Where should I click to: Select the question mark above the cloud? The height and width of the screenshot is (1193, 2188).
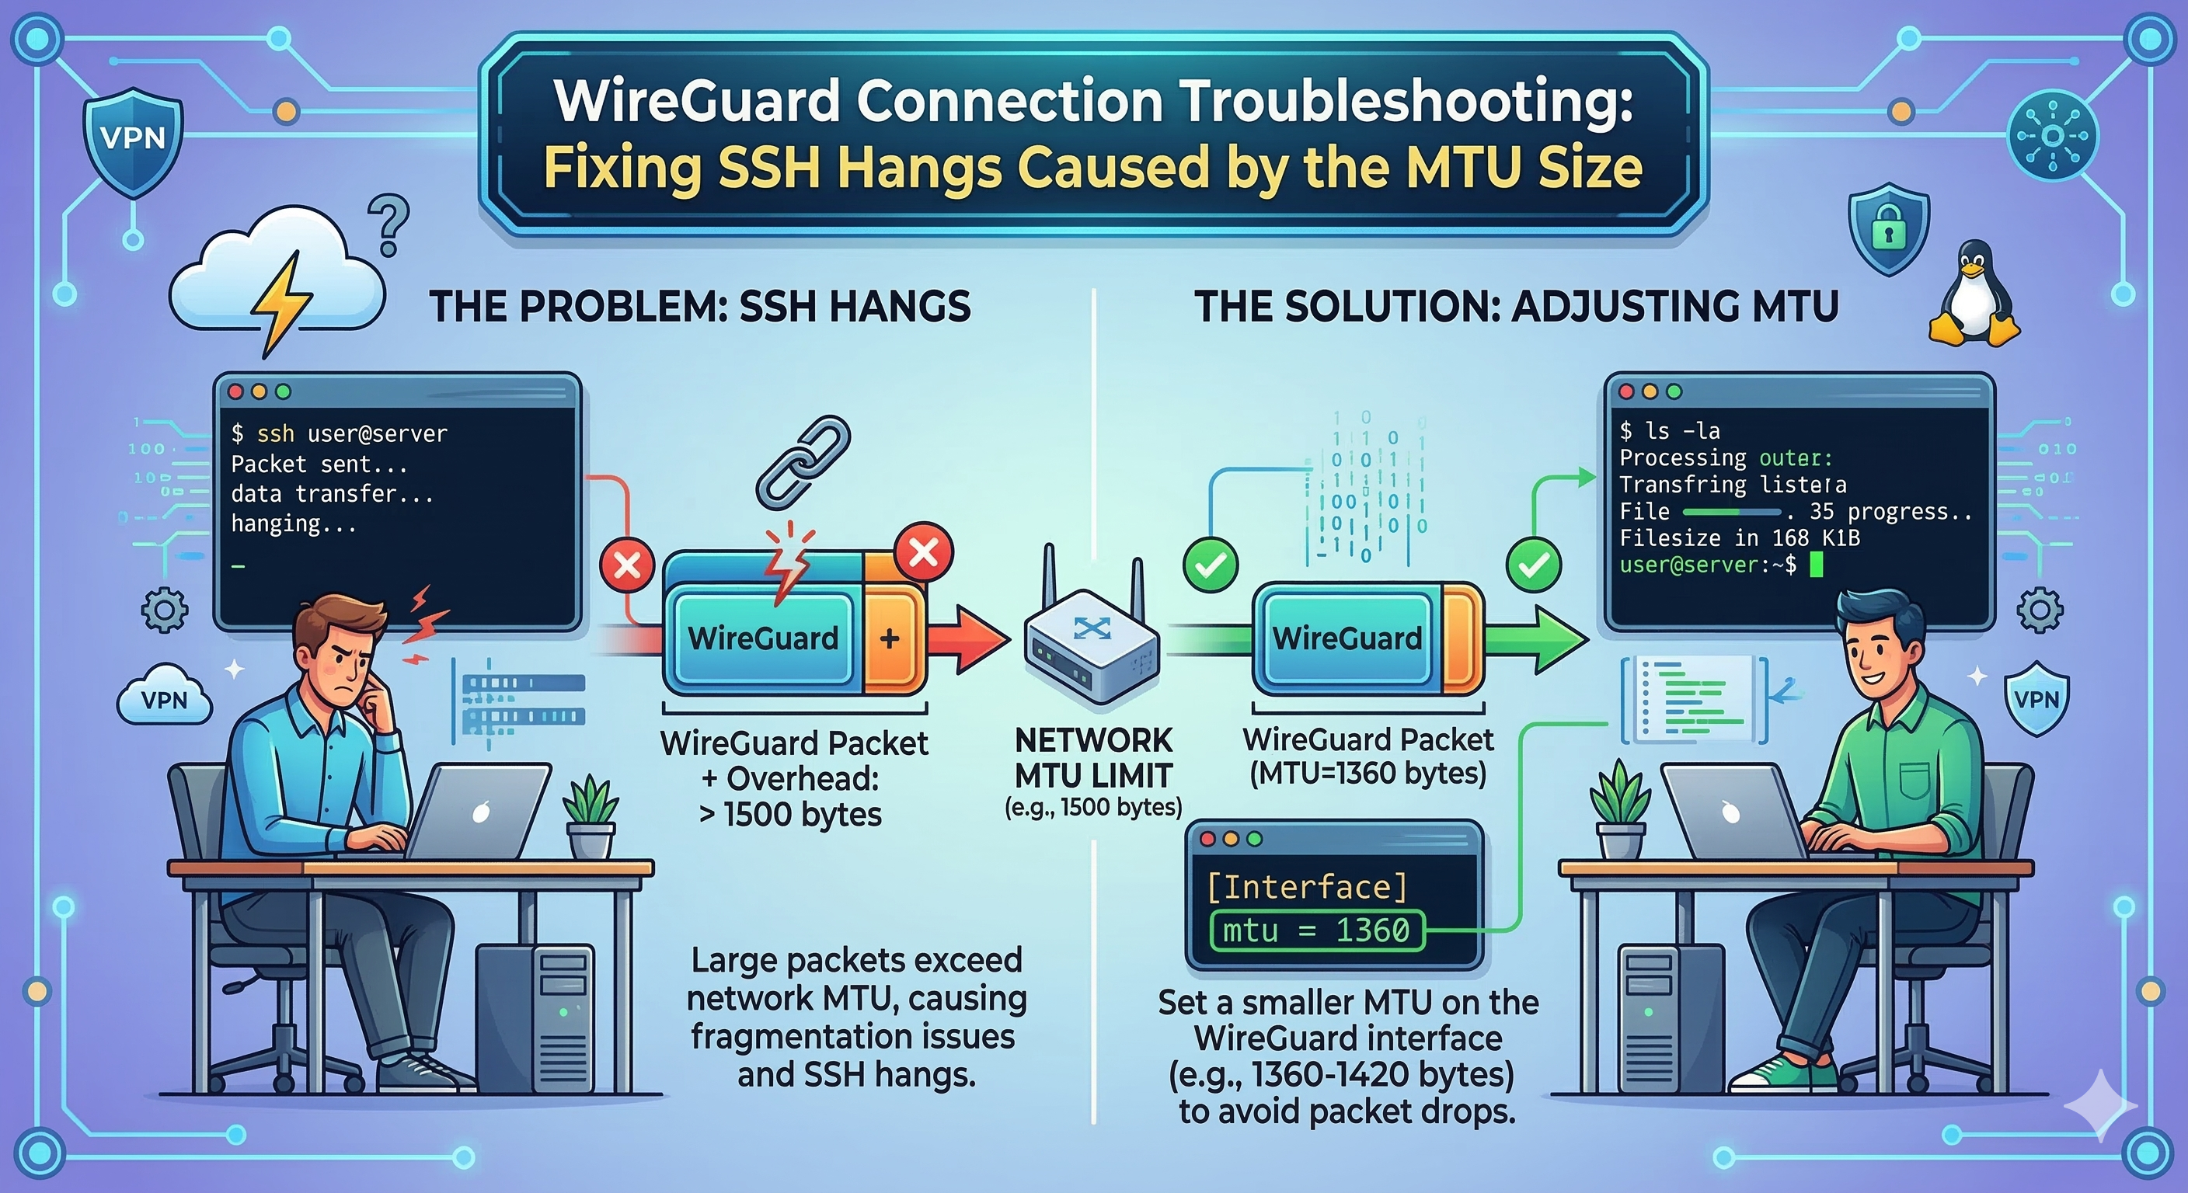click(x=390, y=224)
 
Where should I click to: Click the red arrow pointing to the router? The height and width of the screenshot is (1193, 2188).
click(x=968, y=638)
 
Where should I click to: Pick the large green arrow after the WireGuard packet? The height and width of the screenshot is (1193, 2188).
click(x=1538, y=638)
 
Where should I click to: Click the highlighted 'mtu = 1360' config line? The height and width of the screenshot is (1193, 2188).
click(x=1315, y=930)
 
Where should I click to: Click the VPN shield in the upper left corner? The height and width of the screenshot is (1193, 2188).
click(x=134, y=139)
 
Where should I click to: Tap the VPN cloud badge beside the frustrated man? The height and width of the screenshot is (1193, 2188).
click(x=164, y=698)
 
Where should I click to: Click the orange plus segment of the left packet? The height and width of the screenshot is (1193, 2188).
click(x=891, y=638)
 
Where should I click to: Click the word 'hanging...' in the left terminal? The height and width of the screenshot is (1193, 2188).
click(x=293, y=524)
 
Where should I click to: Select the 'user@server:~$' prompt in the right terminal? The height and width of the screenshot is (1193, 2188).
click(x=1707, y=565)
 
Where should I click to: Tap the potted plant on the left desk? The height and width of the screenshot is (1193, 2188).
click(x=591, y=816)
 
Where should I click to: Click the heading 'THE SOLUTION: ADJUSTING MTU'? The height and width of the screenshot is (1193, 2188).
click(x=1516, y=307)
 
